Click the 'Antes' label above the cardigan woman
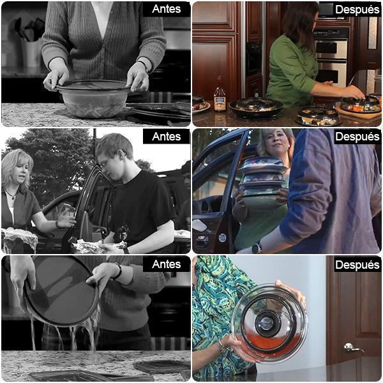tap(167, 9)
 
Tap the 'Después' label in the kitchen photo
tap(357, 10)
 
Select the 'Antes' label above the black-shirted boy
tap(167, 137)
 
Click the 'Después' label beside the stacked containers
tap(357, 137)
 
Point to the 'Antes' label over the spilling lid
tap(167, 264)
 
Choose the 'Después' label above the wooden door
tap(357, 265)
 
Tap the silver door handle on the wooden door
tap(352, 348)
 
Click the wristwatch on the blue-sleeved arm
tap(257, 248)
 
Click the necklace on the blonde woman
tap(10, 195)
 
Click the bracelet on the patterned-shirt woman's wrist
tap(222, 347)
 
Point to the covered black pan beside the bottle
tap(256, 107)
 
